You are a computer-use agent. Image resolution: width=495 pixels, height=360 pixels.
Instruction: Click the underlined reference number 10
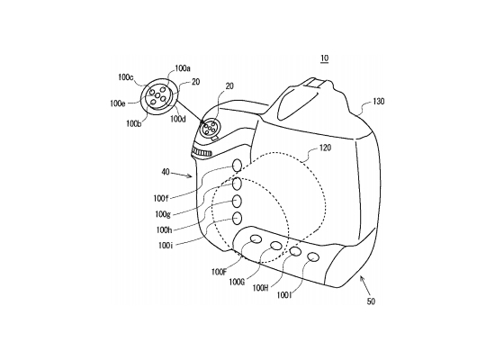pyautogui.click(x=325, y=58)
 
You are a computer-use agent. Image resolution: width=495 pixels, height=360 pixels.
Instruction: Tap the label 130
pyautogui.click(x=379, y=102)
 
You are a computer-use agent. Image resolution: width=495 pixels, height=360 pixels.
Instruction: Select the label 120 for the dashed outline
pyautogui.click(x=325, y=148)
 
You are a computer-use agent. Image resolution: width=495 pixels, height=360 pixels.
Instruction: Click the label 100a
pyautogui.click(x=183, y=68)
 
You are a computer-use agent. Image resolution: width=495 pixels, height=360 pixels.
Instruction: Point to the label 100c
pyautogui.click(x=126, y=77)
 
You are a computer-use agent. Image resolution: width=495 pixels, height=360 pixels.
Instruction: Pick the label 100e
pyautogui.click(x=118, y=103)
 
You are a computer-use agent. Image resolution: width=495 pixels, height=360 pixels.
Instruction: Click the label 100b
pyautogui.click(x=134, y=124)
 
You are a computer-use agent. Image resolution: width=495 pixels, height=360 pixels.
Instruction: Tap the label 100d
pyautogui.click(x=178, y=119)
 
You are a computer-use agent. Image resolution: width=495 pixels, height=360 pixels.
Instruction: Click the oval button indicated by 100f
pyautogui.click(x=237, y=166)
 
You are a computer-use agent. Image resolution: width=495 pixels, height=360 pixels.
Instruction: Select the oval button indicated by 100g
pyautogui.click(x=237, y=184)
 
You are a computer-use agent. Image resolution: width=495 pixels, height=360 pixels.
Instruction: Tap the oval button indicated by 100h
pyautogui.click(x=237, y=201)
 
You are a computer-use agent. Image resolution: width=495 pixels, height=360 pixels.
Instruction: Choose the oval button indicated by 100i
pyautogui.click(x=237, y=218)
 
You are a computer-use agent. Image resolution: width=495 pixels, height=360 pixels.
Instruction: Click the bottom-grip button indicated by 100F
pyautogui.click(x=256, y=239)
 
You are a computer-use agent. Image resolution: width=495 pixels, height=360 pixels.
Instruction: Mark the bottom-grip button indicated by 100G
pyautogui.click(x=276, y=246)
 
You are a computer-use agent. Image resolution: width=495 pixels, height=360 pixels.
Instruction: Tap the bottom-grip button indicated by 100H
pyautogui.click(x=295, y=251)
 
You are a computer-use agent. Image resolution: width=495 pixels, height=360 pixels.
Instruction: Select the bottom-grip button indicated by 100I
pyautogui.click(x=313, y=257)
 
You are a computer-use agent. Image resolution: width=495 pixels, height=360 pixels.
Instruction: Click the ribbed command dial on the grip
pyautogui.click(x=202, y=152)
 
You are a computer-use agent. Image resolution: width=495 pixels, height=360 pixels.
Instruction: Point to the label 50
pyautogui.click(x=371, y=301)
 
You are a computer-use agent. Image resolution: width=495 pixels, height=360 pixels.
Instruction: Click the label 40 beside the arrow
pyautogui.click(x=166, y=173)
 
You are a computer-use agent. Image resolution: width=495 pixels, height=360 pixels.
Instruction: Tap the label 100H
pyautogui.click(x=260, y=288)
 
